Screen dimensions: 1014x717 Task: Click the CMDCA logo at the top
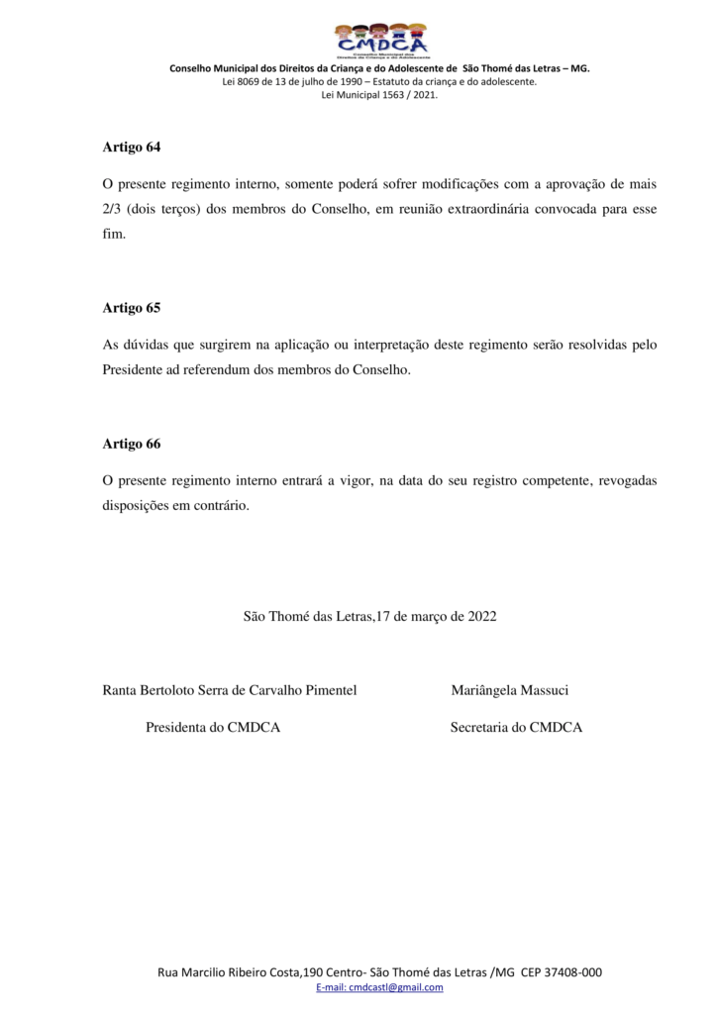tap(380, 41)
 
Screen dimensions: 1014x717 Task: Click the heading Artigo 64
tap(131, 147)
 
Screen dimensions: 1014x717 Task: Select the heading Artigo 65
tap(131, 308)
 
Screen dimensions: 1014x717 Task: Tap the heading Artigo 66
tap(131, 444)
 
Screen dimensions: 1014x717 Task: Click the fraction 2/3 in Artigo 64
tap(114, 210)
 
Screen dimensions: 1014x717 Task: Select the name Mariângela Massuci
tap(509, 690)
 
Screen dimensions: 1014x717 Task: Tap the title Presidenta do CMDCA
tap(213, 728)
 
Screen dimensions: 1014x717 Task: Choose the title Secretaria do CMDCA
tap(516, 728)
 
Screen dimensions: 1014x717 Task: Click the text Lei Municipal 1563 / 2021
tap(380, 95)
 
